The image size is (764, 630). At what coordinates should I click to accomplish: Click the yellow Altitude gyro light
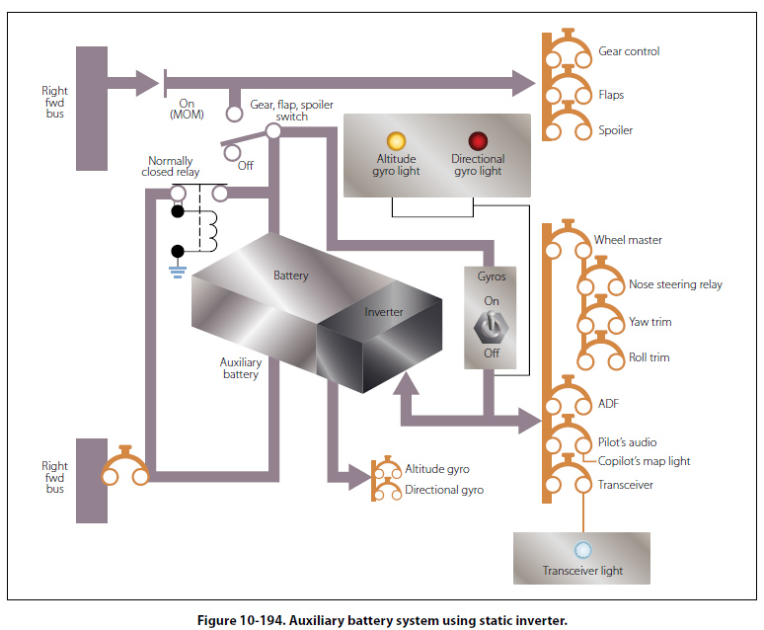point(398,140)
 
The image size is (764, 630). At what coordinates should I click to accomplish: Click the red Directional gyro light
point(478,140)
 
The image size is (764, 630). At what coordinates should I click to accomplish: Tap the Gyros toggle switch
point(491,326)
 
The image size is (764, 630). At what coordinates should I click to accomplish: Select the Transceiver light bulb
point(582,550)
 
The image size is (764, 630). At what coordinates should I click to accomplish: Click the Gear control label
point(629,51)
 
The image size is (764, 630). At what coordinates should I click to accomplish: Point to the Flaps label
point(611,96)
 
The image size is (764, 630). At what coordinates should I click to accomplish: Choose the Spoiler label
point(615,130)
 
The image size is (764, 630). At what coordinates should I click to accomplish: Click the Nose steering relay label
point(675,284)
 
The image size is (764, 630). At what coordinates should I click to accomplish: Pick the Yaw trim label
point(649,322)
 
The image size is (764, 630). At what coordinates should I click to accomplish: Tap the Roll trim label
point(649,357)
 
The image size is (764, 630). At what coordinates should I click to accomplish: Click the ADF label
point(609,404)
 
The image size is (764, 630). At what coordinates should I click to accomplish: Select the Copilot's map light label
point(644,461)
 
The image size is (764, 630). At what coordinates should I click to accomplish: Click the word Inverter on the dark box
point(384,312)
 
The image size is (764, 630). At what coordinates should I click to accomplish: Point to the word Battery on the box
point(291,276)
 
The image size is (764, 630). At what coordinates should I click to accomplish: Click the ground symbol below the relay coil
point(178,270)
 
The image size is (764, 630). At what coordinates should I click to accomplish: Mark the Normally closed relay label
point(171,167)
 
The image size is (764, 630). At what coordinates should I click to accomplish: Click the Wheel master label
point(628,240)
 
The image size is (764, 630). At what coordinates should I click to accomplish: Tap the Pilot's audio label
point(627,442)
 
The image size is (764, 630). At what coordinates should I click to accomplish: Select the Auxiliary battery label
point(239,368)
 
